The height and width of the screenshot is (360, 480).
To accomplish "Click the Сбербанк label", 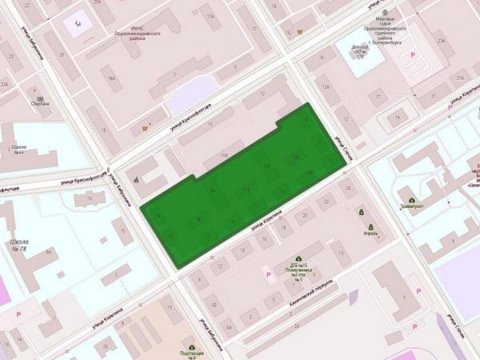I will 42,103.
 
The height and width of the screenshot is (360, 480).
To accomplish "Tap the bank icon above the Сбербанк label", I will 41,95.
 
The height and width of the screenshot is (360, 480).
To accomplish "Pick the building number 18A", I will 112,78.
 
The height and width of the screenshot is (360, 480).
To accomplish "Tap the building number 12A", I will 326,87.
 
